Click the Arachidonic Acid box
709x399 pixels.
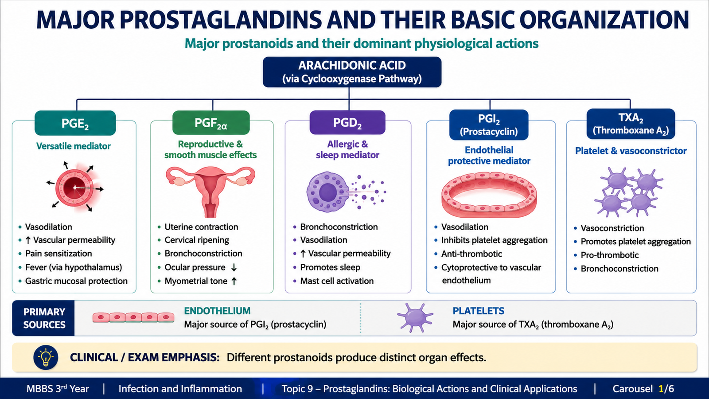[352, 72]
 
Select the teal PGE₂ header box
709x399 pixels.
[75, 123]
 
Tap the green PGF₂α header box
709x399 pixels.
[211, 122]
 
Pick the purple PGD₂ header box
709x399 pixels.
[347, 122]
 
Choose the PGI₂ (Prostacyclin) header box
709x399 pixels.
[489, 125]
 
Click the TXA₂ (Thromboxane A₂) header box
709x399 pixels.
[631, 124]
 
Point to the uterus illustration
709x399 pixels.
[210, 192]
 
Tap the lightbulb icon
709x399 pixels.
[46, 357]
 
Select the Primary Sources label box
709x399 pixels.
[43, 318]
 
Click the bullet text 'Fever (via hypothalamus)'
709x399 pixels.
[74, 267]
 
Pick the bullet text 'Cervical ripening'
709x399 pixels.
[197, 240]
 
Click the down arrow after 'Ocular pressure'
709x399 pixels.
[234, 268]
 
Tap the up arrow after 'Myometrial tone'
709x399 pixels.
[234, 281]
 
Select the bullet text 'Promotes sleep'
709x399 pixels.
[330, 267]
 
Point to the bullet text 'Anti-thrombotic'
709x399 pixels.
[471, 254]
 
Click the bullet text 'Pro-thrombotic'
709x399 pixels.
[610, 255]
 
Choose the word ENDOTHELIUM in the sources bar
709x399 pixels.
[217, 311]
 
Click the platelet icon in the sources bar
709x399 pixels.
[415, 317]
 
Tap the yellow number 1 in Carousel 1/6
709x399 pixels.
[661, 388]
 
